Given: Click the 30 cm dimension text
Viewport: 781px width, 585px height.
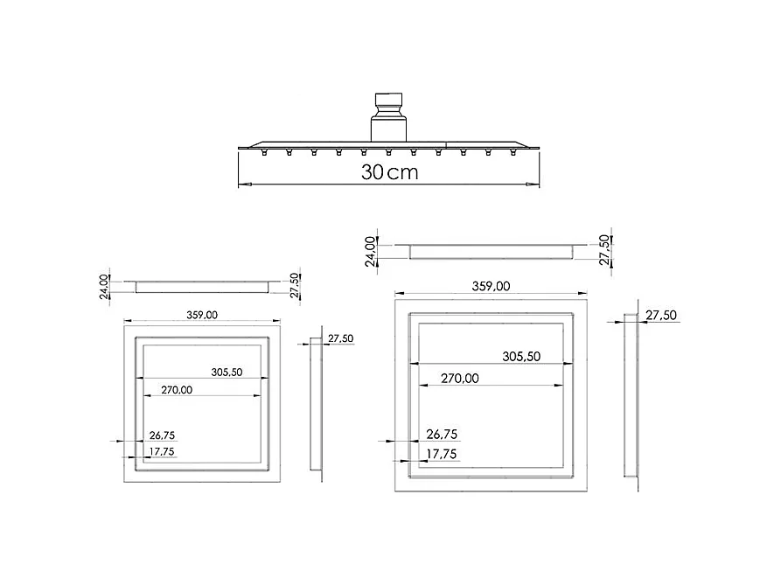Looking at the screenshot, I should tap(389, 171).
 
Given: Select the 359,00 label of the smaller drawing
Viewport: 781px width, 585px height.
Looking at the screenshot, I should tap(202, 315).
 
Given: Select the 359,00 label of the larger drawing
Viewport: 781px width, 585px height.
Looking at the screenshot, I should tap(491, 286).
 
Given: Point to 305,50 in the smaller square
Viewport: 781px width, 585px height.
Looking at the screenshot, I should tap(227, 372).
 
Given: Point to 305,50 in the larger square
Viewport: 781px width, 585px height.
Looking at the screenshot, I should tap(521, 356).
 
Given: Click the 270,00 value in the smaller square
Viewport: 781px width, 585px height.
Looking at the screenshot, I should tap(176, 390).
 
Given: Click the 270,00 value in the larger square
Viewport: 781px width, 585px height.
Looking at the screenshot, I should tap(459, 379).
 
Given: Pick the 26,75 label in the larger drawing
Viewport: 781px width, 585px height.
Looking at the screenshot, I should tap(441, 434).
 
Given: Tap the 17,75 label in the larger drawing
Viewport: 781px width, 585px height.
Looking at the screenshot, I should tap(441, 454).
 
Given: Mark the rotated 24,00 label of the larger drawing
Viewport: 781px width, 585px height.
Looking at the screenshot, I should tap(371, 250).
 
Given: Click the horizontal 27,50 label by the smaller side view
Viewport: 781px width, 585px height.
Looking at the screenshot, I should tap(340, 338).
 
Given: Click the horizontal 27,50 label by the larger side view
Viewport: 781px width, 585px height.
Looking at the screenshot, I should tap(660, 315).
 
